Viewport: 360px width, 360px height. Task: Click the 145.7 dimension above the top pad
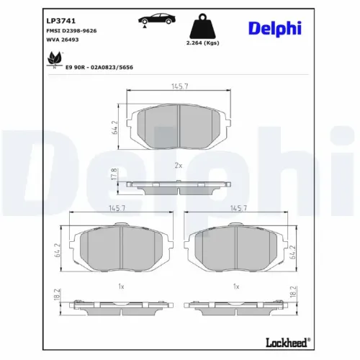pos(180,87)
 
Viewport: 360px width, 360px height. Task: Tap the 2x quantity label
pos(179,165)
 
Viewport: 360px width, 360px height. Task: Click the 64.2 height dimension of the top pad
pos(114,128)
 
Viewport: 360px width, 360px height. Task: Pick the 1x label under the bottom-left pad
pos(122,286)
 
